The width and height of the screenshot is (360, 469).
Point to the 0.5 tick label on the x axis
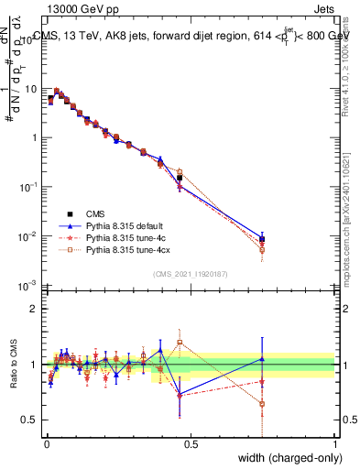(x=191, y=444)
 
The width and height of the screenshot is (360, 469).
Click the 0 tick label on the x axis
(x=46, y=444)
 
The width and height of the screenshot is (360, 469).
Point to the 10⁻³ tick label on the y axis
(x=30, y=286)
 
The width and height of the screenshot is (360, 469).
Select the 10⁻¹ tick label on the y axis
(x=30, y=187)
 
